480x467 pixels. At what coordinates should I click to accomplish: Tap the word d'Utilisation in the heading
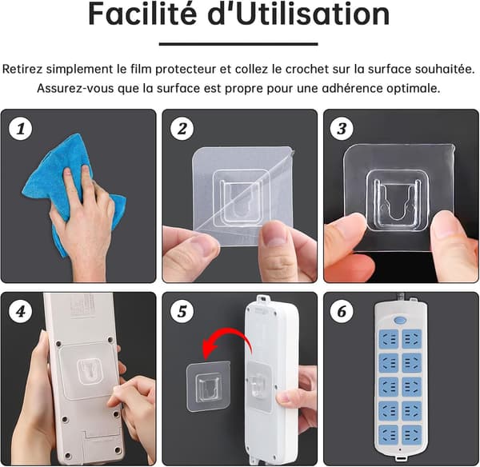[298, 14]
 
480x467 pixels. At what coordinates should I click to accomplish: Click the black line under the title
[238, 44]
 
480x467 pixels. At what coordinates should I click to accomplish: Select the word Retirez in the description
[22, 69]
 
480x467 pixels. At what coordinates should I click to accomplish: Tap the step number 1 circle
[21, 129]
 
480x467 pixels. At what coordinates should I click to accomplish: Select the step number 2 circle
[182, 129]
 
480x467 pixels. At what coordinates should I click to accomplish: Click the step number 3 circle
[342, 129]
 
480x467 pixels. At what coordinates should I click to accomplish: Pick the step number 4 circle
[21, 312]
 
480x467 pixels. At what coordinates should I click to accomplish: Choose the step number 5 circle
[182, 312]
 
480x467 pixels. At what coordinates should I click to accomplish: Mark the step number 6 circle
[342, 312]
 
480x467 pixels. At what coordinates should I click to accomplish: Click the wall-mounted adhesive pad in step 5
[208, 387]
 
